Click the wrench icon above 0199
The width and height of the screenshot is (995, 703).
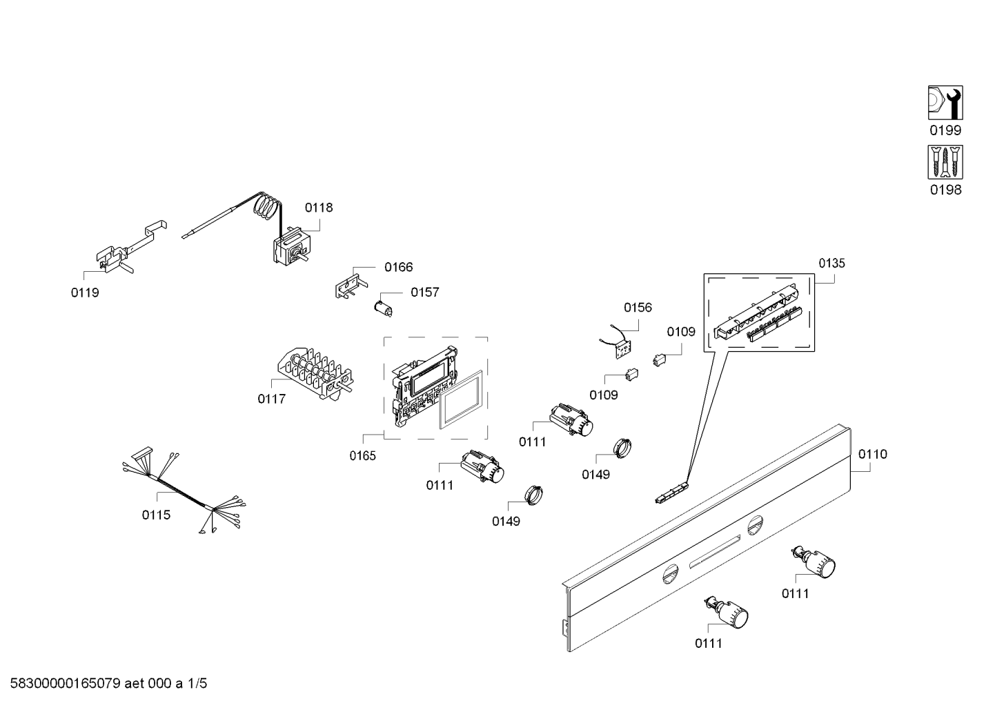tap(945, 103)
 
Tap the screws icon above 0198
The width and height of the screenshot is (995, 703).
tap(945, 162)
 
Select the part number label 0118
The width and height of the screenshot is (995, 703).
tap(319, 208)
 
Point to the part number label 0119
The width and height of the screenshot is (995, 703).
tap(85, 293)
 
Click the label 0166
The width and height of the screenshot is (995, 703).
tap(399, 268)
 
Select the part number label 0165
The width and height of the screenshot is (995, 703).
tap(362, 455)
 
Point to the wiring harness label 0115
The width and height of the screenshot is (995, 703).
tap(156, 515)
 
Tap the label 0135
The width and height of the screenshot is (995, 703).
tap(831, 264)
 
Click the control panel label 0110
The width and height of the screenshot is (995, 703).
tap(873, 455)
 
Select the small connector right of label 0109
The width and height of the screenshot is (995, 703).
tap(659, 359)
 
